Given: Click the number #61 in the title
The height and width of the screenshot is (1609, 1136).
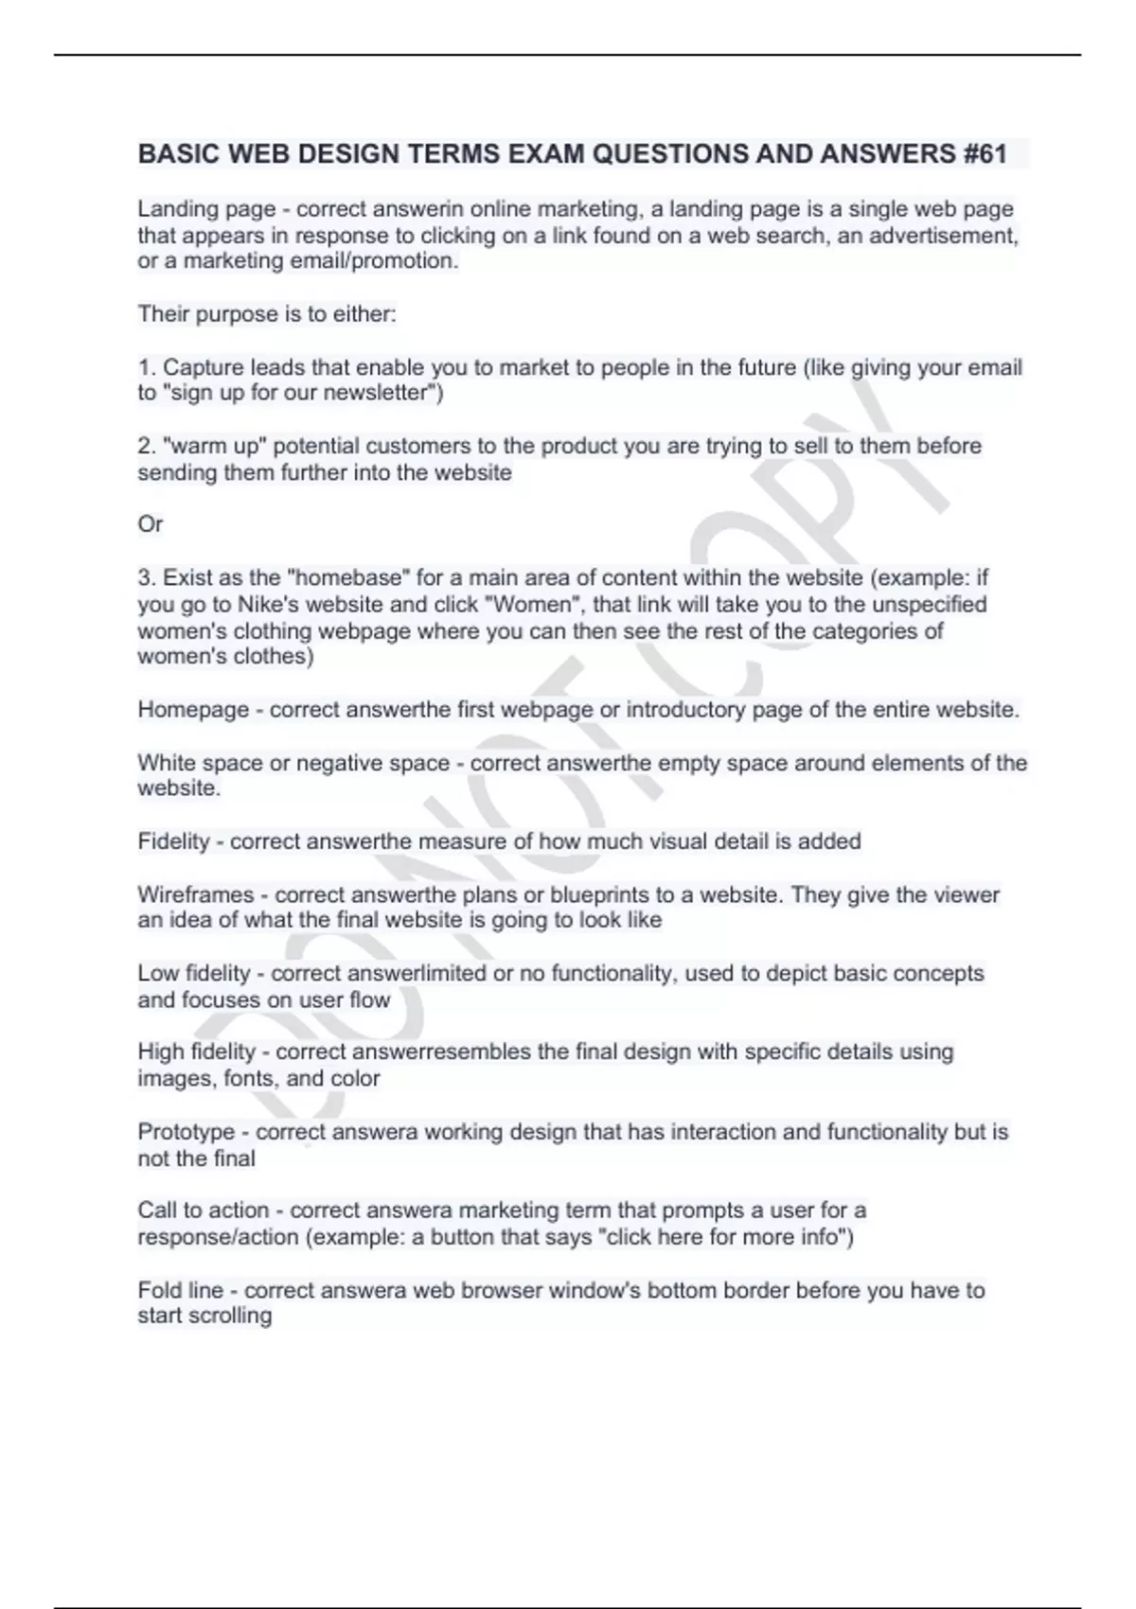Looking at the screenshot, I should tap(985, 153).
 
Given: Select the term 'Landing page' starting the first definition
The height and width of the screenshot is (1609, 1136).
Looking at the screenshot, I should tap(193, 209).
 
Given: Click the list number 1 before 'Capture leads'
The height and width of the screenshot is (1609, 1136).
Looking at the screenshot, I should tap(145, 367).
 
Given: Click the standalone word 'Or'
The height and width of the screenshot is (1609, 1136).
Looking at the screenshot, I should tap(151, 524).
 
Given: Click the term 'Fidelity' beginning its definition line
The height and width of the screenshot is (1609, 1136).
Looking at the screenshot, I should tap(173, 841).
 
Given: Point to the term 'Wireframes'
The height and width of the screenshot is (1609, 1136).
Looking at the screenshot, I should tap(196, 894).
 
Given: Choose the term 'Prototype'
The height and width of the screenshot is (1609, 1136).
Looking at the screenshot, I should tap(186, 1132).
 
